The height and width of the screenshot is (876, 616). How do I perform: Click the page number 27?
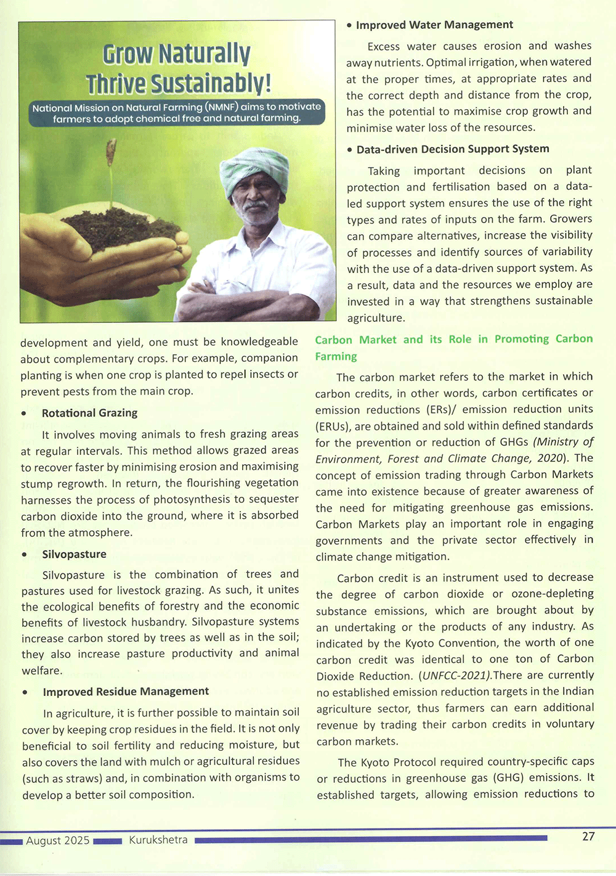(588, 837)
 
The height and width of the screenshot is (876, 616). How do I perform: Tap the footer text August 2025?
(58, 840)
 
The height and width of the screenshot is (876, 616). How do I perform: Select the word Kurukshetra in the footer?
(158, 840)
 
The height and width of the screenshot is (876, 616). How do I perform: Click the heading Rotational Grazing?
(89, 413)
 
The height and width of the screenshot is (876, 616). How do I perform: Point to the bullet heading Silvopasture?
(74, 554)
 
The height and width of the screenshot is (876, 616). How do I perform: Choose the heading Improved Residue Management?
(126, 692)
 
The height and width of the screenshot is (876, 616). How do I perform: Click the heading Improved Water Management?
(434, 25)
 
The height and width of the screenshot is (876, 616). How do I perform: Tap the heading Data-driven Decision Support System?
(453, 149)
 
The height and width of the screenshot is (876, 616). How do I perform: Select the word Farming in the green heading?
(336, 356)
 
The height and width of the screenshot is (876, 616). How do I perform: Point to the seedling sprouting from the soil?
(111, 173)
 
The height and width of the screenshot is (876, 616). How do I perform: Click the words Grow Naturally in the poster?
(176, 54)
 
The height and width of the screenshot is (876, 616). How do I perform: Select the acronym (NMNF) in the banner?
(222, 107)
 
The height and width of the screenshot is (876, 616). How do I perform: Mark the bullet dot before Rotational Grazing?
(23, 414)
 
